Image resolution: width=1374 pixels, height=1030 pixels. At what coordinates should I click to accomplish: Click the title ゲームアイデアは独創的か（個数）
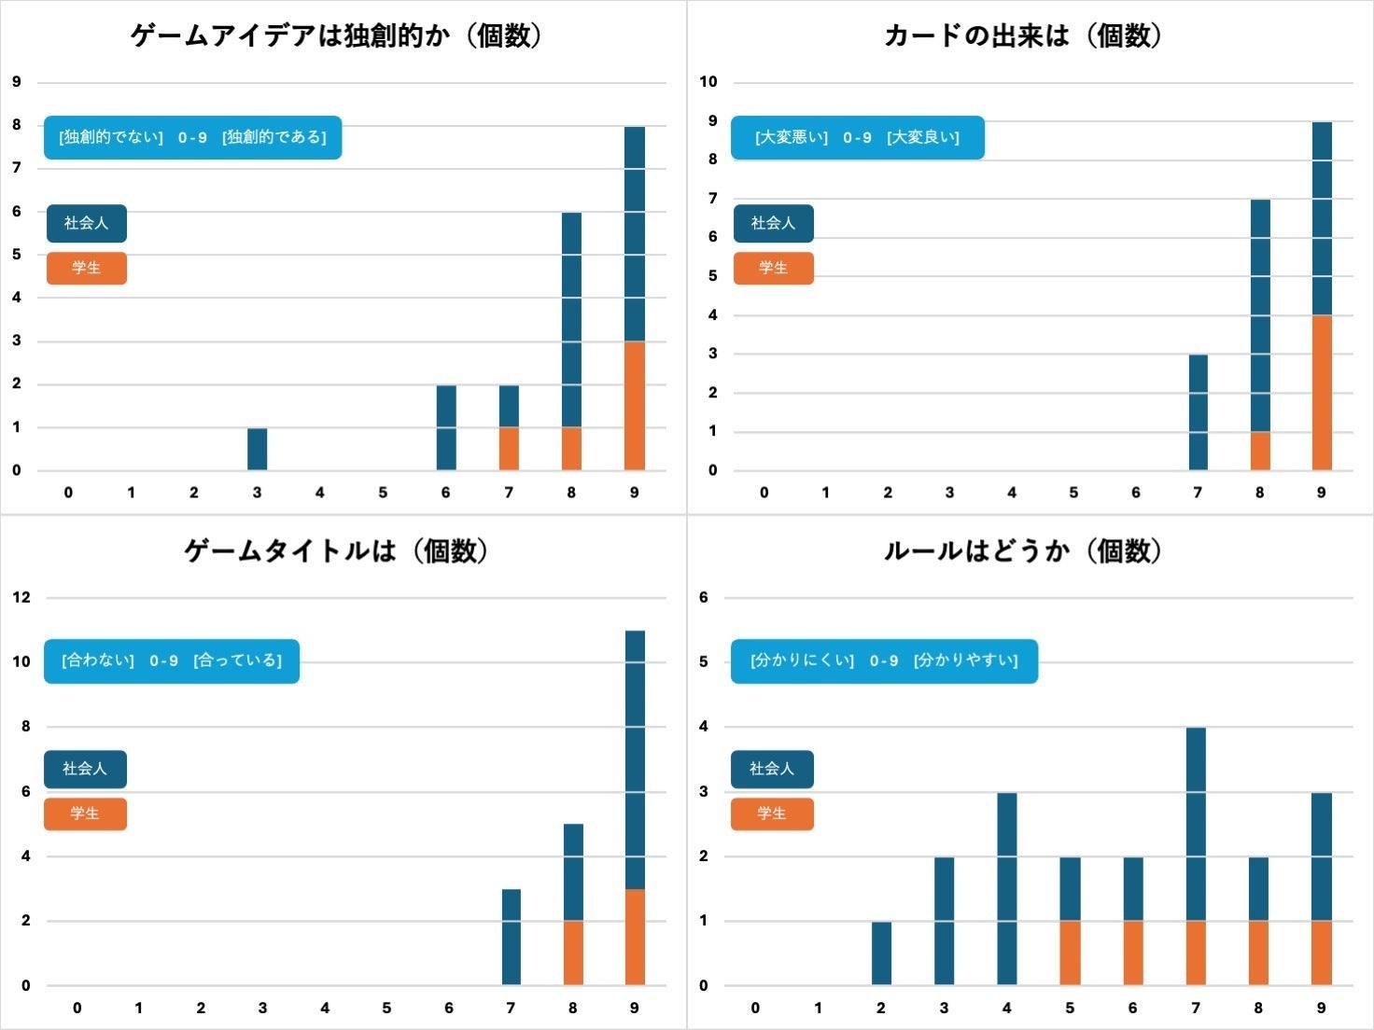tap(337, 35)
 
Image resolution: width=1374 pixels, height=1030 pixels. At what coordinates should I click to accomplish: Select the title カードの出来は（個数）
tap(1024, 35)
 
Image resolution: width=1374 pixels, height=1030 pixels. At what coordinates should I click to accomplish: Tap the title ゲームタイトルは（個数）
tap(337, 550)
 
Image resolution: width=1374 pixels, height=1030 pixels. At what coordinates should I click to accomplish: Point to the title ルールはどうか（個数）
tap(1024, 550)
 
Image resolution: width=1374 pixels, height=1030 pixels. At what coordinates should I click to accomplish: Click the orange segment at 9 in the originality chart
tap(635, 406)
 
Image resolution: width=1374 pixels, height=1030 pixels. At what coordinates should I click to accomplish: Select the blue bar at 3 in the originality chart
tap(258, 449)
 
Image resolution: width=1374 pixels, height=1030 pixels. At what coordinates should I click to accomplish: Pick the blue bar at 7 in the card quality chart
tap(1199, 412)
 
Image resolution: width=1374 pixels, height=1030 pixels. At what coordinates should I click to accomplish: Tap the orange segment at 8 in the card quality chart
tap(1260, 451)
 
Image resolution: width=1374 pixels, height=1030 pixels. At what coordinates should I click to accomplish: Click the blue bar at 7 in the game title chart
tap(512, 937)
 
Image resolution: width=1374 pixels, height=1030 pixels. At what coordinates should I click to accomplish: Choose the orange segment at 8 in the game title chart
tap(573, 953)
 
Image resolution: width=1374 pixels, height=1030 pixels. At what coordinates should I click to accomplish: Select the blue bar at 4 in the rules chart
tap(1007, 888)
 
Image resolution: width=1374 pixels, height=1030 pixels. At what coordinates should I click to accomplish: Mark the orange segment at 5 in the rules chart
tap(1070, 953)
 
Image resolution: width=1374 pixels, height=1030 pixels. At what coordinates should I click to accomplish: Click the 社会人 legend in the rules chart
tap(772, 769)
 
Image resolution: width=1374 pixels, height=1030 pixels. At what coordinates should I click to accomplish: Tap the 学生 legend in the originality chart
tap(87, 268)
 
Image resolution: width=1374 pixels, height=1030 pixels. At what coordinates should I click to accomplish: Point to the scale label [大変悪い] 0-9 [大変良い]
tap(857, 137)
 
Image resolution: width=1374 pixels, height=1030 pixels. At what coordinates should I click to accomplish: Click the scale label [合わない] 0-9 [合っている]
tap(172, 661)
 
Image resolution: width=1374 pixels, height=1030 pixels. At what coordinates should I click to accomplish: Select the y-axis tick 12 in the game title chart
tap(21, 597)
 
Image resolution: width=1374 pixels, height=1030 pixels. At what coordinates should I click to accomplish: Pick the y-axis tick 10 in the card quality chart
tap(708, 82)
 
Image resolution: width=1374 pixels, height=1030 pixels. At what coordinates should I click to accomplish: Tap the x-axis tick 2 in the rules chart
tap(881, 1008)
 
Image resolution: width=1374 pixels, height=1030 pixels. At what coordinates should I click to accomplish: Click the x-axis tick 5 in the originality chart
tap(383, 493)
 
